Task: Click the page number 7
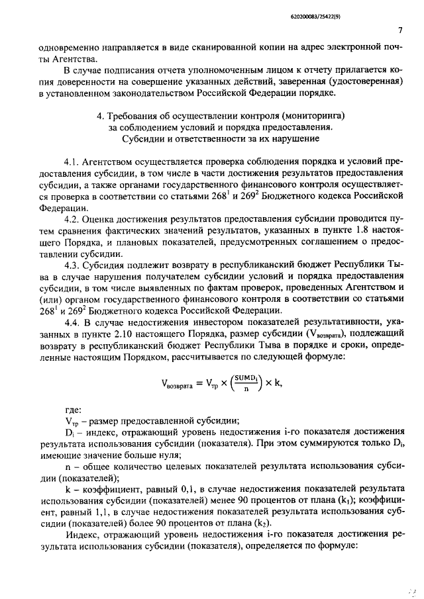(x=401, y=30)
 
